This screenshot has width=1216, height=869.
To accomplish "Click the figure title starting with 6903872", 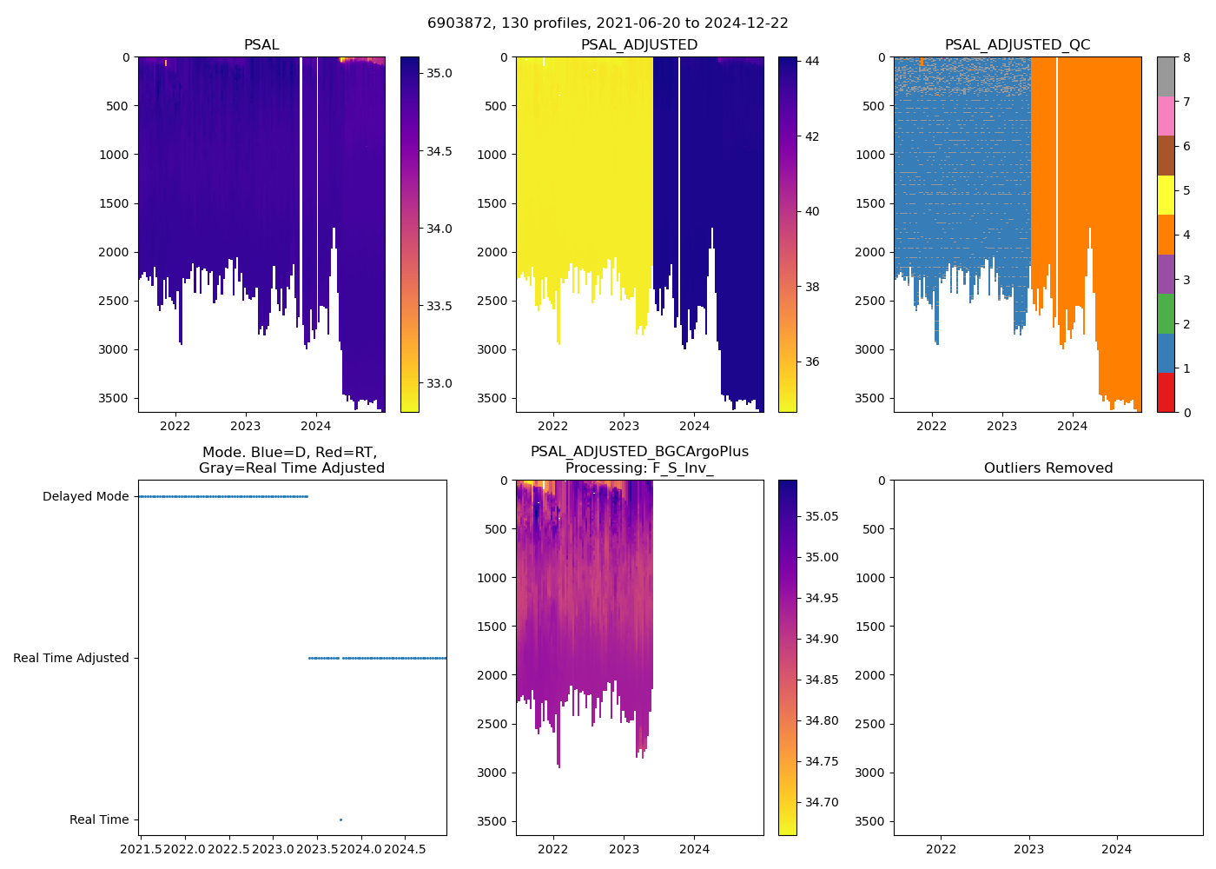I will point(608,23).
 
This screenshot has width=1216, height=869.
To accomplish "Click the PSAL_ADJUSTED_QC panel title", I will point(1017,45).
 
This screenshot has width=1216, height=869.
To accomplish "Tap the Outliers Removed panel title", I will point(1047,468).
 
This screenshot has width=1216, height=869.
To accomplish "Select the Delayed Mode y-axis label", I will point(85,497).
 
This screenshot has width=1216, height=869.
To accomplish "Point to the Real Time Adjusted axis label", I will point(71,659).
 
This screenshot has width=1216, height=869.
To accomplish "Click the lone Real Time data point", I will point(340,819).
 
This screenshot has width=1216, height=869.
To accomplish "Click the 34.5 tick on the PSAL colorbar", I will point(439,151).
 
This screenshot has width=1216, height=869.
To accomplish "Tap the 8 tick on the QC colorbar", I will point(1186,57).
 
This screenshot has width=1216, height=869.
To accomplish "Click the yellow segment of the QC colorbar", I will point(1166,195).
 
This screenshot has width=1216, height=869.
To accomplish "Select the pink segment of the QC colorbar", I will point(1166,116).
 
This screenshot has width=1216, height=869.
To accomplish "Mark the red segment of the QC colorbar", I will point(1166,392).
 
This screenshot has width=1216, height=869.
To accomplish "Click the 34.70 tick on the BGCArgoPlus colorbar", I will point(822,802).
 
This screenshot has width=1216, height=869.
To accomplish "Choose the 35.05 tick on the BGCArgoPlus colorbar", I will point(822,516).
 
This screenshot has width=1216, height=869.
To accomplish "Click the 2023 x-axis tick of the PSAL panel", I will point(246,426).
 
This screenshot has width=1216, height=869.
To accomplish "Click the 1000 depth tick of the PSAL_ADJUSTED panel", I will point(492,155).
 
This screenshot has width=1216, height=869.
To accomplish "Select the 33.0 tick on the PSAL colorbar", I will point(439,383).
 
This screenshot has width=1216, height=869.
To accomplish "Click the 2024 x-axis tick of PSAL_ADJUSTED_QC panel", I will point(1073,426).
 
